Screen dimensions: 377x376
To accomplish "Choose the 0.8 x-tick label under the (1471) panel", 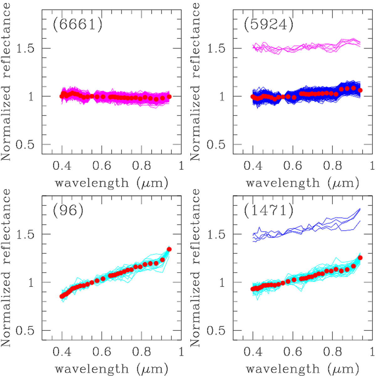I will [x=333, y=352].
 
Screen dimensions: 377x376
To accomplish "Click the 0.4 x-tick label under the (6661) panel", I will [x=62, y=165].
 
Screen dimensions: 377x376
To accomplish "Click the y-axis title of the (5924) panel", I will [x=195, y=81].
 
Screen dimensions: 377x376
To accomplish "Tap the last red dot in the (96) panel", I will [x=169, y=249].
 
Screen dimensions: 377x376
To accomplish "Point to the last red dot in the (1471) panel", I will [x=360, y=258].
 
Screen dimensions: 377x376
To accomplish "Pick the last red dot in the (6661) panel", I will [x=169, y=97].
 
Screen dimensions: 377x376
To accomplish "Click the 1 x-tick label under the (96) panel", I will [x=181, y=352].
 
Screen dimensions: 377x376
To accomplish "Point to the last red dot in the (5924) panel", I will [x=360, y=90].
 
